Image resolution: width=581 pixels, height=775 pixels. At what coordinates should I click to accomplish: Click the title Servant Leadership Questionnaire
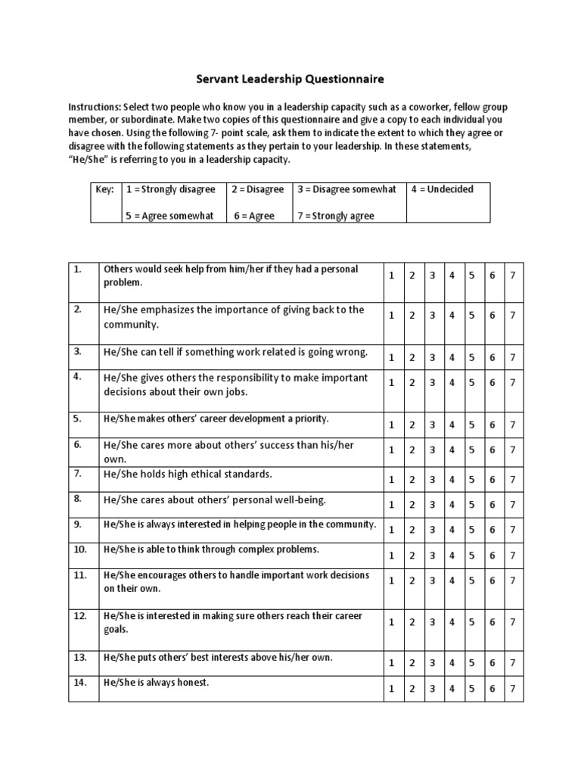pos(290,78)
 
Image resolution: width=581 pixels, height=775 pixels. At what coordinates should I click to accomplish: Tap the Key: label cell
pos(104,189)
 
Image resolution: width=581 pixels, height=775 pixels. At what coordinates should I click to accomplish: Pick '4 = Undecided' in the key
pos(443,189)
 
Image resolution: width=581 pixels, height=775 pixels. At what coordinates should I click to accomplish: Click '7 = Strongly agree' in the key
pos(336,216)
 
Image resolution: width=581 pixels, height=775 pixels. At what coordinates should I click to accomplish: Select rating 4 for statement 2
pos(452,316)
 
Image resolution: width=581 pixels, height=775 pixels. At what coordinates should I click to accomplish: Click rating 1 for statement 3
pos(392,356)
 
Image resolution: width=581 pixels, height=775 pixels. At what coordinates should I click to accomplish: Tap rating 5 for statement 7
pos(471,479)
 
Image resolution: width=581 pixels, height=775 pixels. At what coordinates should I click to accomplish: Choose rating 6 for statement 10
pos(492,555)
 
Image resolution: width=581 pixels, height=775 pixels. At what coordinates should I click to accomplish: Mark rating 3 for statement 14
pos(432,689)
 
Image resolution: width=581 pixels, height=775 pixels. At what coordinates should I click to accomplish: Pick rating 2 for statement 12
pos(412,621)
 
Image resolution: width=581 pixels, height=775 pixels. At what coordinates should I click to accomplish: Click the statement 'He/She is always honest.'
pos(156,683)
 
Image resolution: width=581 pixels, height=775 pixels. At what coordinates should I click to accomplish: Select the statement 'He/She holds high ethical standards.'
pos(187,474)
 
